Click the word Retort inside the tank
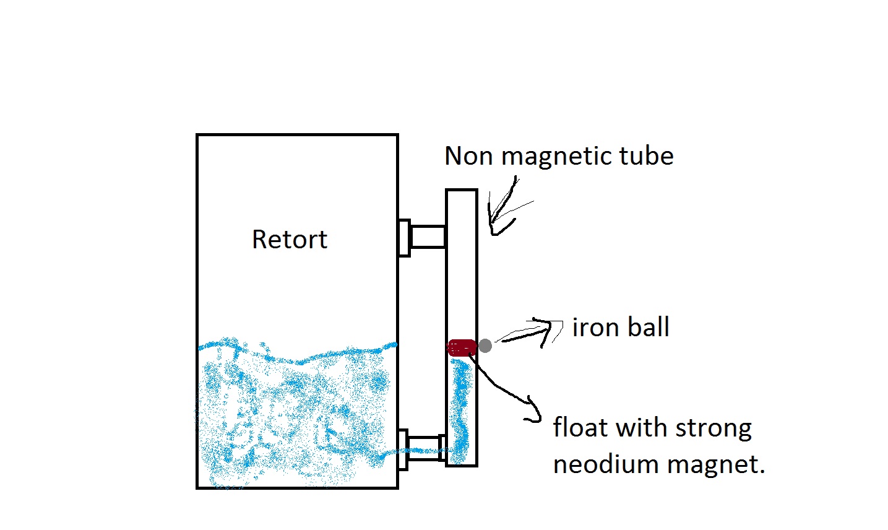coord(290,239)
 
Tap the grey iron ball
coord(485,346)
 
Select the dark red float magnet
coord(462,347)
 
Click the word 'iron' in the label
coord(596,328)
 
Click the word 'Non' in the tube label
coord(468,156)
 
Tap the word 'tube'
coord(647,156)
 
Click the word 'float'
coord(580,427)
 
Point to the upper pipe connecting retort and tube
coord(428,237)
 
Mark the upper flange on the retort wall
coord(404,238)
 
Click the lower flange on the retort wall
coord(403,450)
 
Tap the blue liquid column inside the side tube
coord(460,411)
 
